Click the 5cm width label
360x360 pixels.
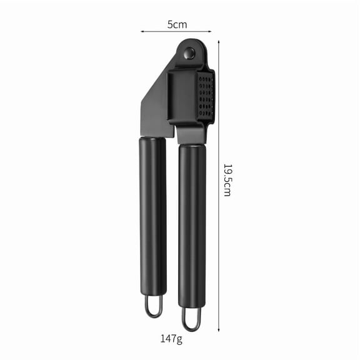point(176,24)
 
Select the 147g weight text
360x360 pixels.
point(170,340)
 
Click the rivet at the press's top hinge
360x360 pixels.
point(189,54)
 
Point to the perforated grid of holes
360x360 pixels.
point(206,96)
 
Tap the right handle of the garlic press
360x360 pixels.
point(192,225)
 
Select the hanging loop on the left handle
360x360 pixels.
point(154,306)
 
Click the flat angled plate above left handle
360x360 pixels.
point(156,106)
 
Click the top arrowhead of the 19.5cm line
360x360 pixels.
point(219,42)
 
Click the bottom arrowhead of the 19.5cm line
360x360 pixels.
point(219,329)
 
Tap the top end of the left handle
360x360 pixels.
point(152,140)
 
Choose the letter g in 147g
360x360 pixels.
point(179,341)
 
